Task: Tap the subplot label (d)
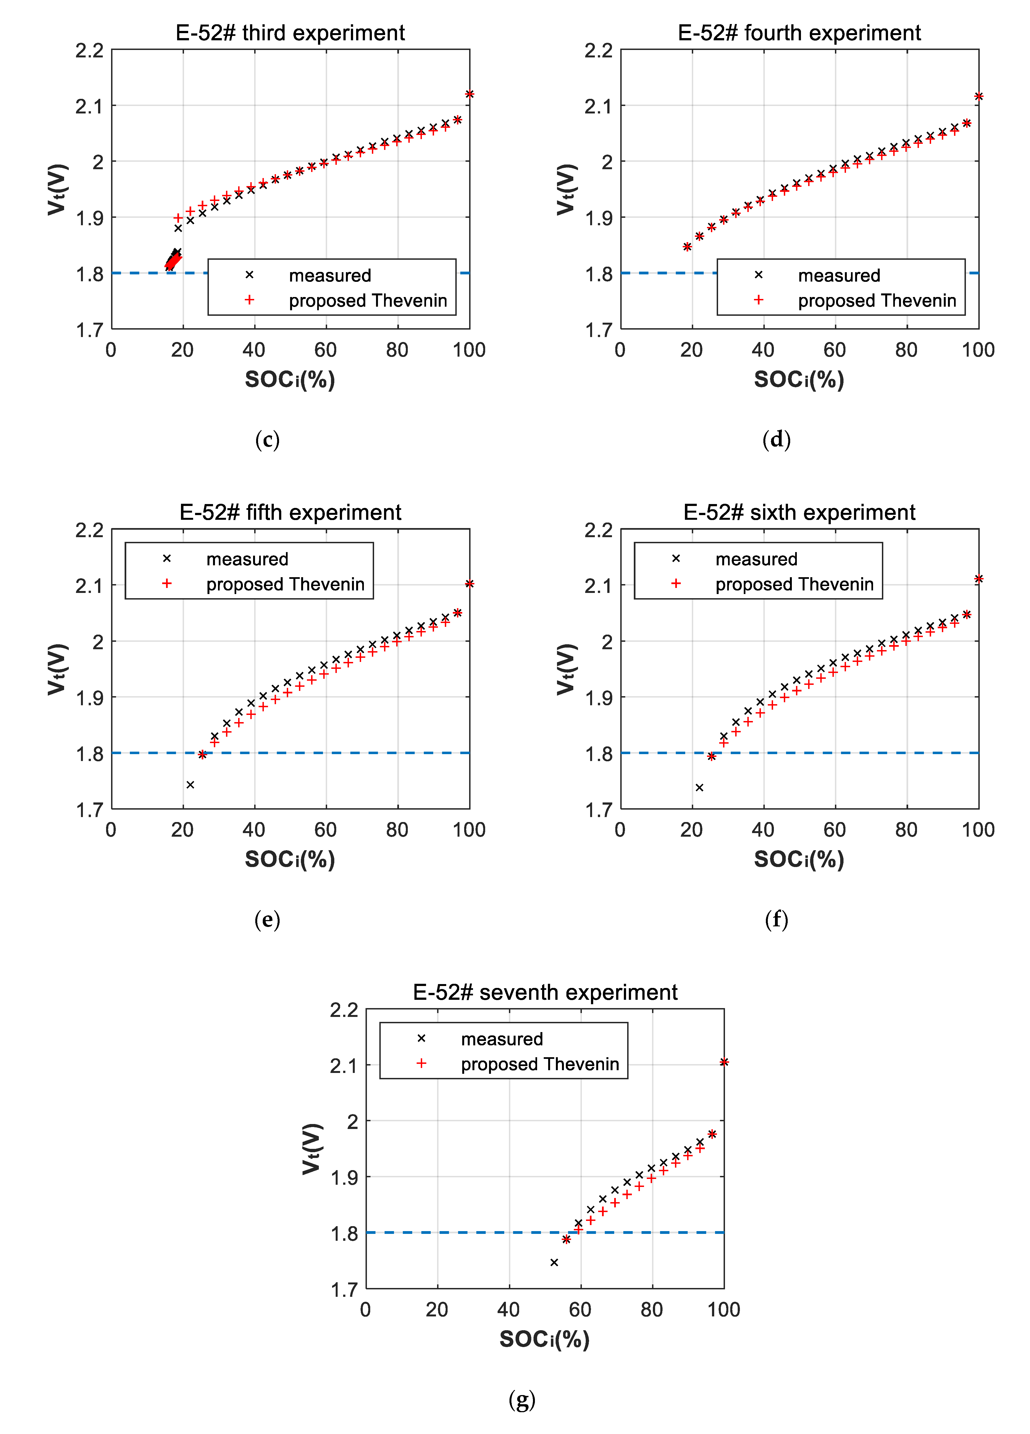point(776,439)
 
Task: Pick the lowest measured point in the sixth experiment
point(699,787)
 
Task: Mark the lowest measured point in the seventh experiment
point(554,1262)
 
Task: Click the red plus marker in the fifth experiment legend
point(167,584)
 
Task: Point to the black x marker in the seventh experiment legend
point(421,1038)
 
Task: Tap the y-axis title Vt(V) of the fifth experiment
point(57,669)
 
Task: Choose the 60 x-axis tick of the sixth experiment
point(834,829)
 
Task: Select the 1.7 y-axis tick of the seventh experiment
point(344,1289)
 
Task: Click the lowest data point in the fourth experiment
point(687,246)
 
